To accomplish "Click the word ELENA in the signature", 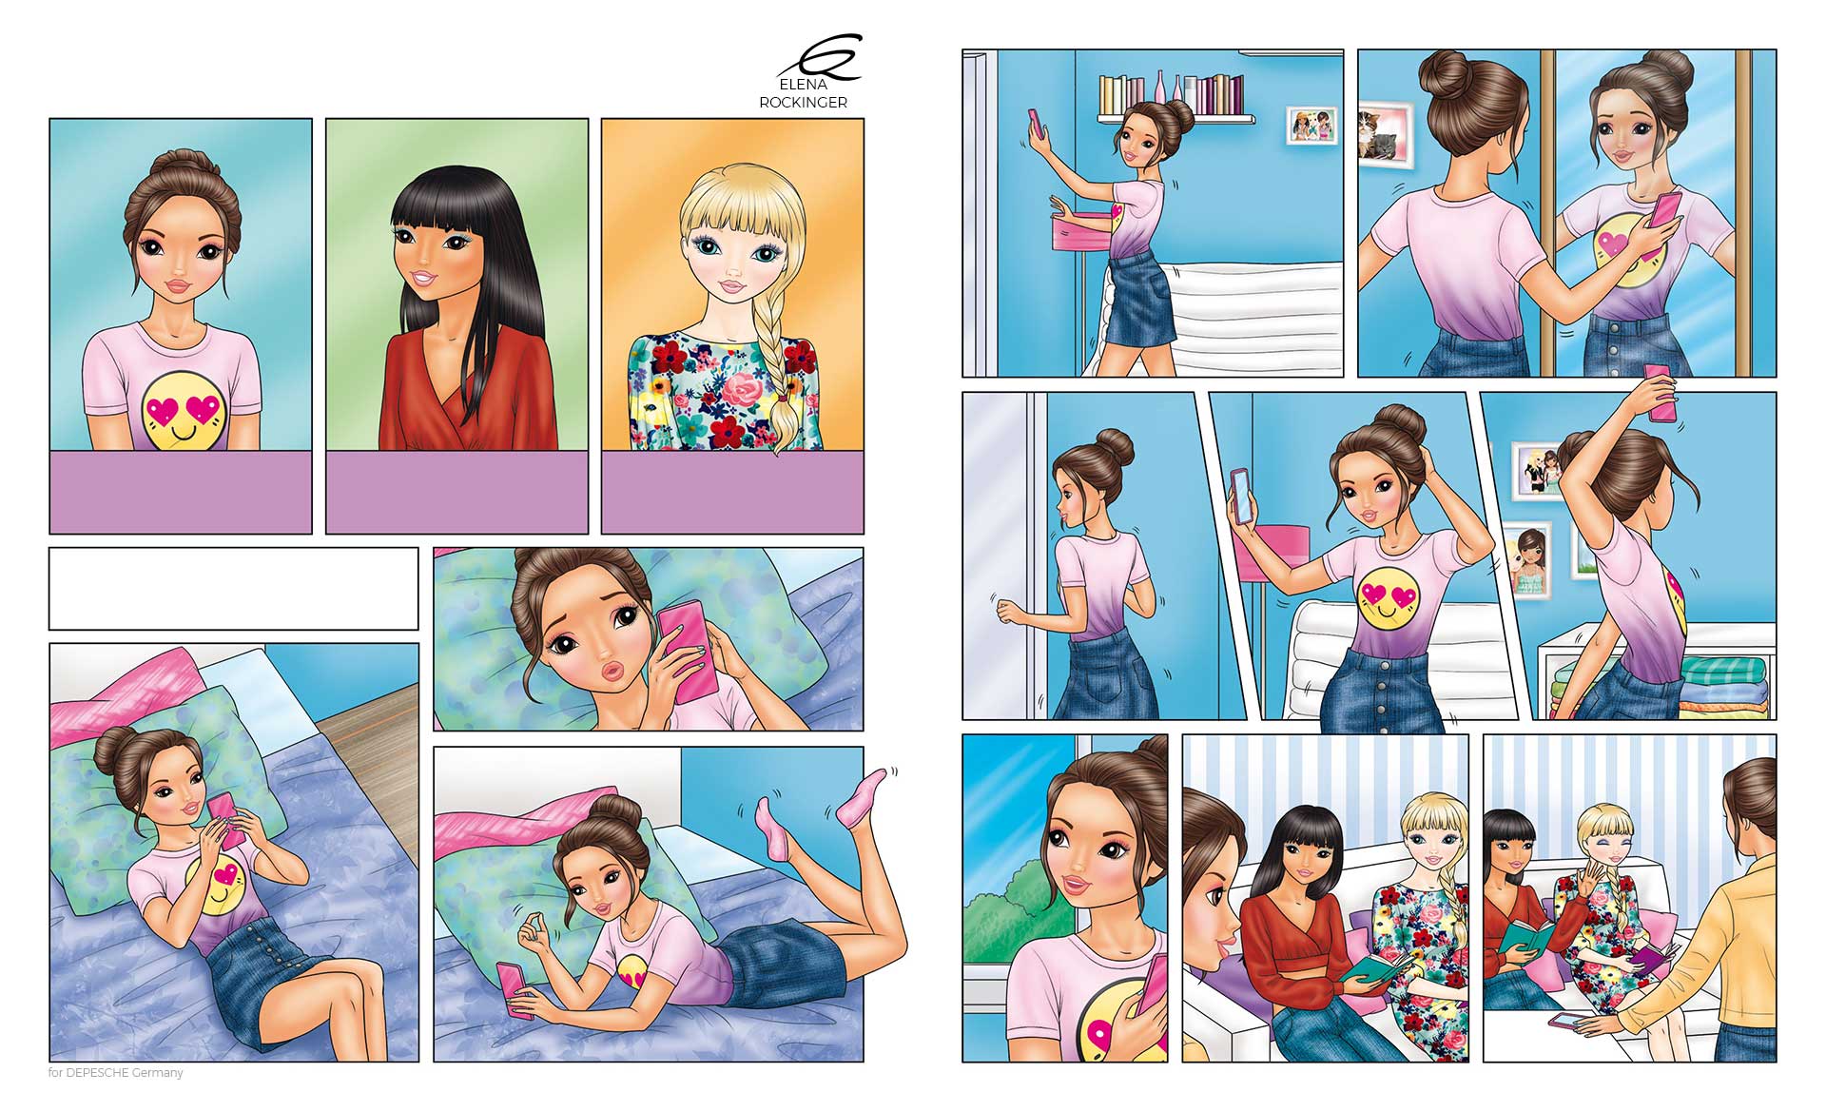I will coord(803,85).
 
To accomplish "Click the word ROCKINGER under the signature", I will coord(803,103).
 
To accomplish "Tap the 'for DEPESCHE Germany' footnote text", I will coord(115,1073).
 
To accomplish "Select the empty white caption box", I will coord(233,588).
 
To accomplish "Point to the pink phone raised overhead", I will coord(1661,391).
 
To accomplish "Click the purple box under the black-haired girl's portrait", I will coord(456,492).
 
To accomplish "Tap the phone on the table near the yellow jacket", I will coord(1569,1021).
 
